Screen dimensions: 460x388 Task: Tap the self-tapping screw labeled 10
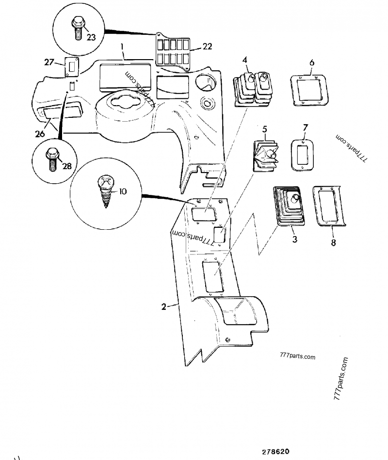(x=106, y=192)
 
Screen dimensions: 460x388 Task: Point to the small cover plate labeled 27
(x=72, y=69)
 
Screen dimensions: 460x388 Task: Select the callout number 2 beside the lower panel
(x=164, y=306)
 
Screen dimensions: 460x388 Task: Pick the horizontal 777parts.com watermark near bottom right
(x=297, y=357)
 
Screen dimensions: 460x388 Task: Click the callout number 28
(x=66, y=165)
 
